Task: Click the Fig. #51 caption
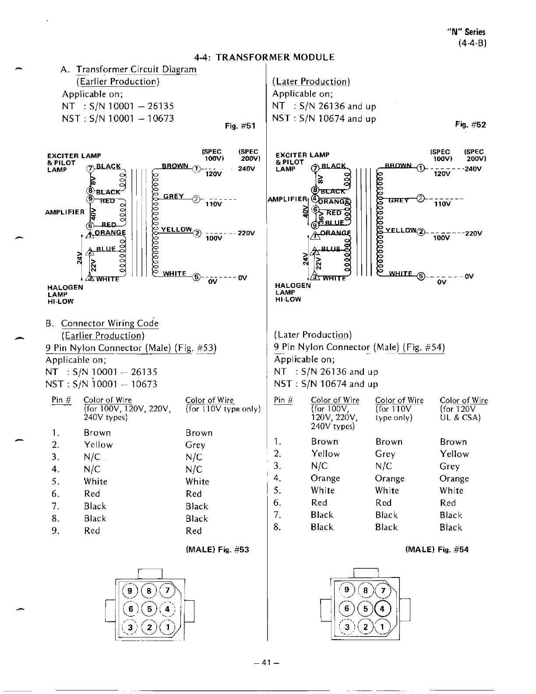tap(240, 126)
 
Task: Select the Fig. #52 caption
tap(470, 124)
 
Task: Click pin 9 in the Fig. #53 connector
tap(130, 591)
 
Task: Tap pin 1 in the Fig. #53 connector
tap(167, 627)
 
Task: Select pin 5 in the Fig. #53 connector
tap(149, 609)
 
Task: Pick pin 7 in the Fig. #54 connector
tap(383, 590)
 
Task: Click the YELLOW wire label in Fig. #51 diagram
tap(176, 230)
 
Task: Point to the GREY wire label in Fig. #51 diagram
tap(173, 196)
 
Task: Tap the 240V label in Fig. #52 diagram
tap(473, 168)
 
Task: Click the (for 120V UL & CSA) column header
tap(463, 409)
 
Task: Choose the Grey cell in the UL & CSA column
tap(450, 466)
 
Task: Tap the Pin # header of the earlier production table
tap(61, 400)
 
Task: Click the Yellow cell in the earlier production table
tap(98, 445)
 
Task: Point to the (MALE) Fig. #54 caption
tap(437, 549)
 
